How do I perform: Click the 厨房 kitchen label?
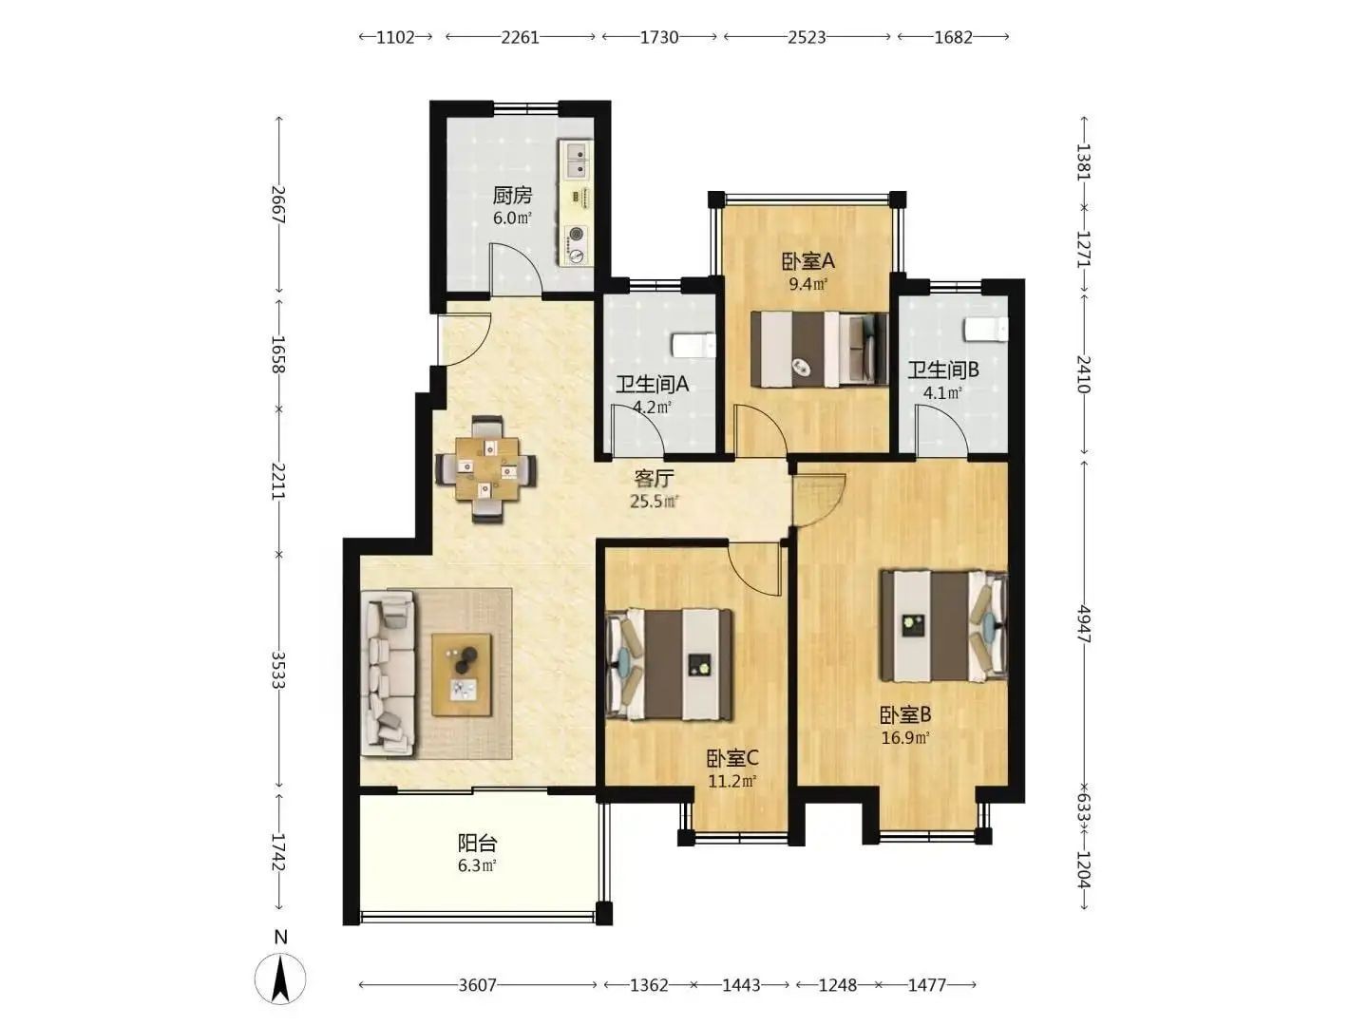click(512, 196)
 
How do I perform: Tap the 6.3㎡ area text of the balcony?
click(477, 865)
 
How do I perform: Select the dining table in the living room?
click(486, 468)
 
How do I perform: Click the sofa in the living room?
click(389, 674)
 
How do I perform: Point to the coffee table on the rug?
click(462, 674)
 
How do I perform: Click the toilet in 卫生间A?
click(693, 346)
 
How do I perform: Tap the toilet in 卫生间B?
click(986, 329)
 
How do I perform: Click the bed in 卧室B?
click(943, 625)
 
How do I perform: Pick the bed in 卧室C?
click(669, 665)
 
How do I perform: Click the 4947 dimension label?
click(1084, 624)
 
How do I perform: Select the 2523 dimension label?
click(807, 37)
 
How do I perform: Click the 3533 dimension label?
click(278, 670)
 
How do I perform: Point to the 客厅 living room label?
click(654, 479)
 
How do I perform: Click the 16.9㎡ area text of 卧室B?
click(905, 737)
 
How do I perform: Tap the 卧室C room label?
click(732, 758)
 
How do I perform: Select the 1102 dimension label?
click(395, 37)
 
